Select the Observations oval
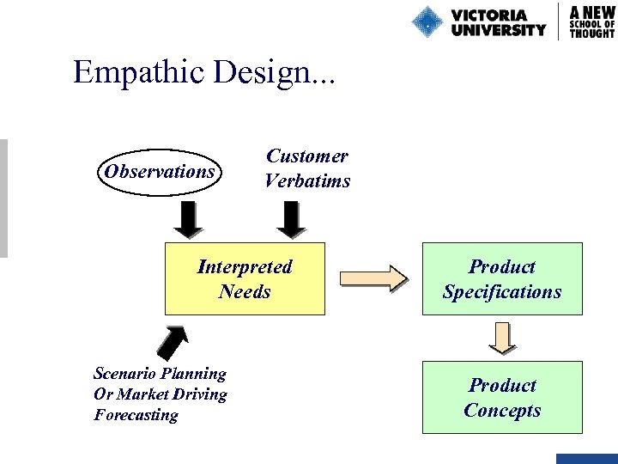coord(160,171)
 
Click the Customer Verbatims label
coord(307,168)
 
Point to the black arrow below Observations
coord(188,219)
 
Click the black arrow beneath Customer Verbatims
coord(293,219)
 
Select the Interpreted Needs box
coord(245,279)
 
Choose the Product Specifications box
coord(502,279)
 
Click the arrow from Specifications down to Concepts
coord(502,338)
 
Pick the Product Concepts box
coord(502,397)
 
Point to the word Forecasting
coord(136,415)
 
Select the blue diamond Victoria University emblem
coord(427,21)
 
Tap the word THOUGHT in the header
coord(592,33)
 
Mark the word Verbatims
coord(307,180)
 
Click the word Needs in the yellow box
coord(245,291)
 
